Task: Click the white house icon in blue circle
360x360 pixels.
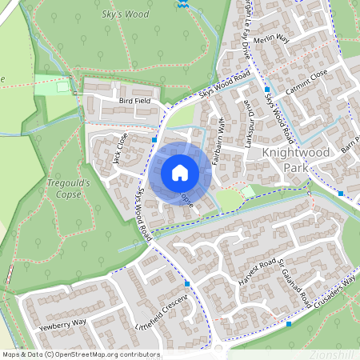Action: tap(180, 173)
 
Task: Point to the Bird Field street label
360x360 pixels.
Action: tap(134, 102)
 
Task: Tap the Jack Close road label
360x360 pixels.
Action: tap(120, 148)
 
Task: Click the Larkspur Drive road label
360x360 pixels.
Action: tap(249, 120)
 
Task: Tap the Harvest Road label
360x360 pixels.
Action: tap(256, 270)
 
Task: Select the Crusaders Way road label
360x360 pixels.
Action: tap(334, 292)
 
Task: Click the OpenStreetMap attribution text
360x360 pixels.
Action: tap(81, 354)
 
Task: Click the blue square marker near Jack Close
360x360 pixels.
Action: tap(154, 140)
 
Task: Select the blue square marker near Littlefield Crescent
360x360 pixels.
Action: tap(187, 283)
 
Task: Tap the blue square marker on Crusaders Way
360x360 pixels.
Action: tap(289, 324)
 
